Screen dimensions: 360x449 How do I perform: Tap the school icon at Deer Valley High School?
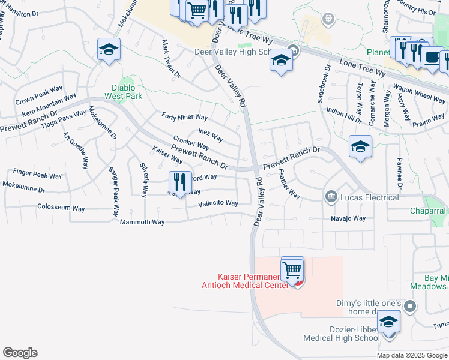tap(280, 61)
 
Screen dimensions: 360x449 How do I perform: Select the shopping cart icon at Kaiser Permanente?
tap(292, 270)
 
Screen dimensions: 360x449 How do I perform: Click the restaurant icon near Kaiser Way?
tap(179, 182)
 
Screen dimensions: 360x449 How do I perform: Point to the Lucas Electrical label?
tap(369, 197)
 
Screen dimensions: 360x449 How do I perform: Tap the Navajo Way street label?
tap(348, 218)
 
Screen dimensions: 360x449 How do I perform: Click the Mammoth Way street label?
tap(142, 222)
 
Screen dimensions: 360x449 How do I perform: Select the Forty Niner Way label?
tap(184, 116)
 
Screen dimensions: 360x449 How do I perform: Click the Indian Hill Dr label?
tap(343, 115)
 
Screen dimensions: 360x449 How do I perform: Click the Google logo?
tap(20, 353)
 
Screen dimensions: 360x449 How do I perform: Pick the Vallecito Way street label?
tap(218, 203)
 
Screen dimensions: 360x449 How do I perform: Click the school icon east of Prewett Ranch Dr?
tap(360, 146)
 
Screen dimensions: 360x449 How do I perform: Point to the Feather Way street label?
tap(290, 184)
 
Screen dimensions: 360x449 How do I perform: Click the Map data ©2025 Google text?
tap(411, 355)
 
